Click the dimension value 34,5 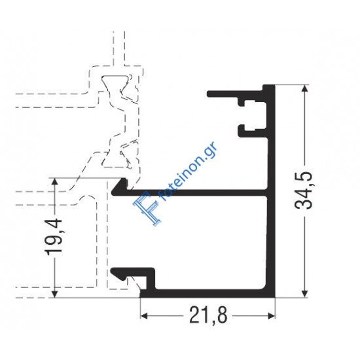pyautogui.click(x=303, y=190)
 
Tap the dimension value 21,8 pyautogui.click(x=208, y=315)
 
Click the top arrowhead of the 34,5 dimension pyautogui.click(x=304, y=88)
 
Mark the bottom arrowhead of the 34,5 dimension pyautogui.click(x=304, y=294)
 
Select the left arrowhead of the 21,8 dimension pyautogui.click(x=144, y=316)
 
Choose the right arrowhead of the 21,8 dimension pyautogui.click(x=271, y=316)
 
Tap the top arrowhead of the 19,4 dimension pyautogui.click(x=54, y=181)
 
